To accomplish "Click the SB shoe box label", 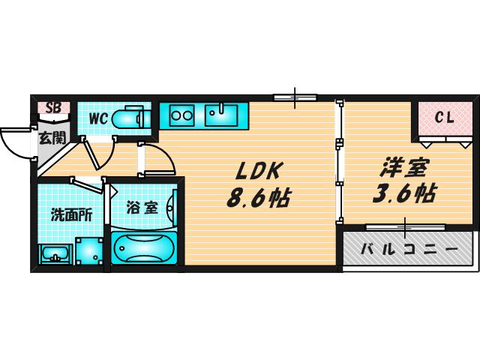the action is click(53, 107).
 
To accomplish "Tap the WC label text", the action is click(98, 118).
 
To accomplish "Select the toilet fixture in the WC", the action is click(132, 118).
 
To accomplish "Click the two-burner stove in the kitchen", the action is click(181, 115).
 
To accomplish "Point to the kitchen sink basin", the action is click(221, 115).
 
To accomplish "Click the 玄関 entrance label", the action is click(52, 138).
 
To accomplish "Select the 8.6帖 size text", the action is click(259, 197).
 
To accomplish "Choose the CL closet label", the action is click(445, 118).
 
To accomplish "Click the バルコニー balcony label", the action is click(409, 250).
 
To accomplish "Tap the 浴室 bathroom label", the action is click(142, 208).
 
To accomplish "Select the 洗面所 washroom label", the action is click(72, 215).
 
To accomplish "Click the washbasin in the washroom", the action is click(55, 253).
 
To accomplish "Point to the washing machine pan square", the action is click(89, 251).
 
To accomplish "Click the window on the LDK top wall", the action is click(295, 97).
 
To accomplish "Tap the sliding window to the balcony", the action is click(405, 227).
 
